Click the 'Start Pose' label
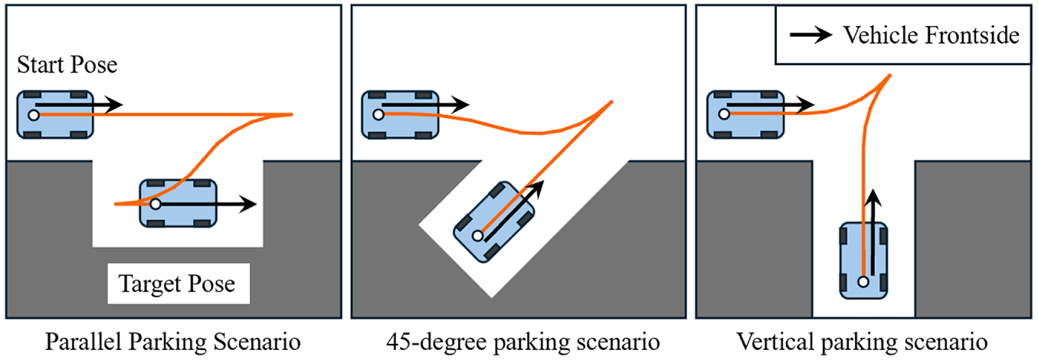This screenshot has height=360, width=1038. (x=67, y=64)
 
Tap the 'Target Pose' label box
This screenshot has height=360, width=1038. (x=178, y=283)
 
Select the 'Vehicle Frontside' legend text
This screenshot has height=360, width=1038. (x=931, y=35)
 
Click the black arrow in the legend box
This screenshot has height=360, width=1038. (x=811, y=34)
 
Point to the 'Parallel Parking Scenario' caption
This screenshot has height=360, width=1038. (x=173, y=342)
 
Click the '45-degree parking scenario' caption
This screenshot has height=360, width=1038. (x=523, y=342)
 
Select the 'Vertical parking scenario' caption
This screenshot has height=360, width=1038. (x=862, y=342)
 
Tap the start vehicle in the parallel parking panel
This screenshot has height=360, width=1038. (x=55, y=114)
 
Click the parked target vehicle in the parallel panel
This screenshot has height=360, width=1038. (x=178, y=204)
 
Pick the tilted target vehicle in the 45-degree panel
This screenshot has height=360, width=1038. (x=494, y=222)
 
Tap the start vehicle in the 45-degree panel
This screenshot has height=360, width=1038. (x=400, y=114)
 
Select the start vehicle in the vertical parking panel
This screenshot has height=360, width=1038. (x=745, y=114)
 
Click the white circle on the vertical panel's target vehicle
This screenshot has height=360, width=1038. (x=863, y=281)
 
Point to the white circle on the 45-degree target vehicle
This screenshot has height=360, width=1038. (x=478, y=236)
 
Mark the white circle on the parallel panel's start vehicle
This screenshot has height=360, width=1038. (x=34, y=116)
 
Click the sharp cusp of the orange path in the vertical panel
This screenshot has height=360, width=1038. (x=889, y=75)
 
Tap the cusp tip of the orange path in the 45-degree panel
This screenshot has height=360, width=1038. (x=611, y=101)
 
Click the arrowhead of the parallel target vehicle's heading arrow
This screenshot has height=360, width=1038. (x=248, y=204)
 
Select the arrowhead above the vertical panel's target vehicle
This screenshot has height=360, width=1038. (x=873, y=198)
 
